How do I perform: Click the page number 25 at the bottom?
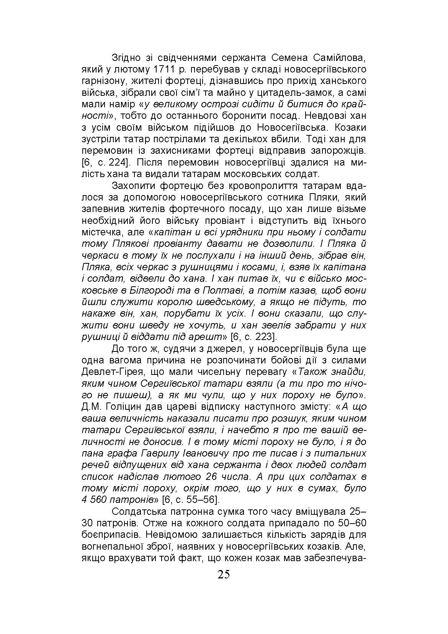coord(224,575)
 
